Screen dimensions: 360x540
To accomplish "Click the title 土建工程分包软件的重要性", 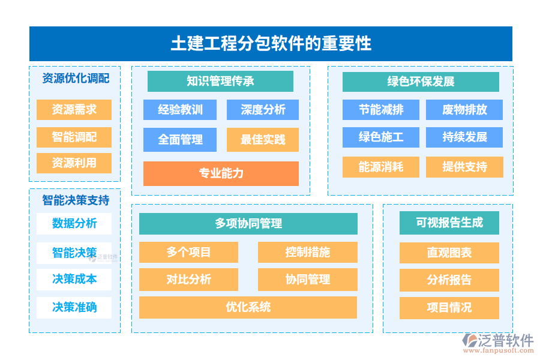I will pos(271,44).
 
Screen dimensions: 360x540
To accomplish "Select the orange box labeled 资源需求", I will pos(74,110).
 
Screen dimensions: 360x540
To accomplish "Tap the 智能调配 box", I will pos(74,137).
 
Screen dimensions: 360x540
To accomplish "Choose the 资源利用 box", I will pos(74,163).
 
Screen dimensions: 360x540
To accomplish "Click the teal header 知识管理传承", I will pos(220,81).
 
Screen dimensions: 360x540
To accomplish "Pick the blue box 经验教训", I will pos(180,110).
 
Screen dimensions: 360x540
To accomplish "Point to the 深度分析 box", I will pos(263,110).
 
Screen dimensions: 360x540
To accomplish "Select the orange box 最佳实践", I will pos(263,140).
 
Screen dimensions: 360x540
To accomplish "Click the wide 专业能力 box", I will pos(221,173).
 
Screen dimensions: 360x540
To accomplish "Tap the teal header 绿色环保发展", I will pos(421,82).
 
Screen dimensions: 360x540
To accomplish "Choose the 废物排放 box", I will pos(464,110).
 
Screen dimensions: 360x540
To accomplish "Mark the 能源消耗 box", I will pos(381,167).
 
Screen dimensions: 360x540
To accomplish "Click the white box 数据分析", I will pos(74,223).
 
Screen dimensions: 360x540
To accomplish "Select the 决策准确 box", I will pos(74,307).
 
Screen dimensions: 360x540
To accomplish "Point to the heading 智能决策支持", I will pos(75,200).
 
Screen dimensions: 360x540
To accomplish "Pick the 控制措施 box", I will pos(307,252).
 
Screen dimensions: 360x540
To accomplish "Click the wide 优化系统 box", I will pos(248,307).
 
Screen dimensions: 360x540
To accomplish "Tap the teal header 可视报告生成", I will pos(449,223).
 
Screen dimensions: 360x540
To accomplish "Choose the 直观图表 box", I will pos(449,253).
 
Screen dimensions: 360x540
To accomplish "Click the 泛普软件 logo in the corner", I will pos(498,343).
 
